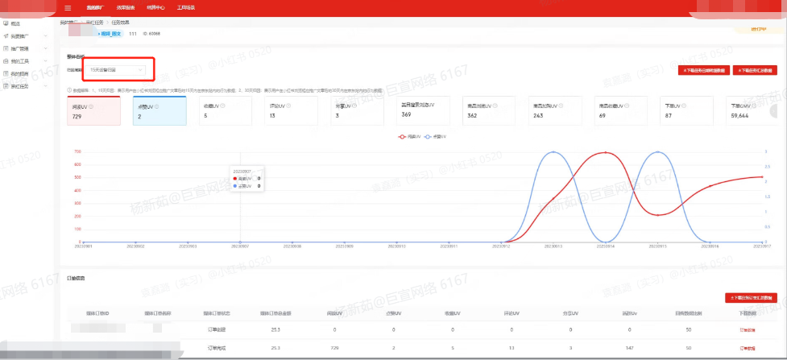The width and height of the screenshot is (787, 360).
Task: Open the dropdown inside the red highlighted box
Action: pos(116,70)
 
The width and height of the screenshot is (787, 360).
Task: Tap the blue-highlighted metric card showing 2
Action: pos(159,110)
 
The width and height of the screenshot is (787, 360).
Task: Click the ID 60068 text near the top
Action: pos(151,34)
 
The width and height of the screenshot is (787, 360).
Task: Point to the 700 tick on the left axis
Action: pos(76,151)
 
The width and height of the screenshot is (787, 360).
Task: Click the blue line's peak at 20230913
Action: pos(553,152)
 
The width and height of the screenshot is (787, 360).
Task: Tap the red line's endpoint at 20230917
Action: pos(760,176)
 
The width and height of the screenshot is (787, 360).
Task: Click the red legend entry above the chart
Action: pos(409,137)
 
